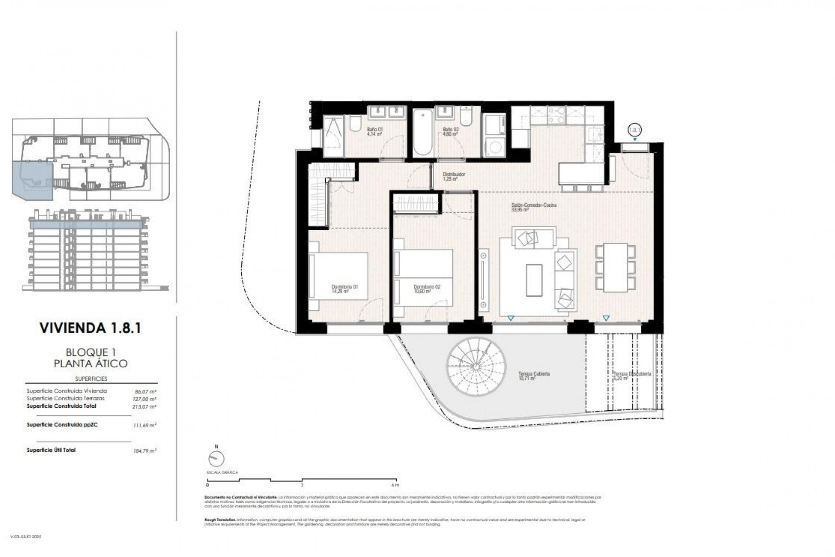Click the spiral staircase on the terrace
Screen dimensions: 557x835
[477, 368]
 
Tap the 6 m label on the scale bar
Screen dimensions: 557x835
[395, 485]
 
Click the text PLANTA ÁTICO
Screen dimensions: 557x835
[90, 363]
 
